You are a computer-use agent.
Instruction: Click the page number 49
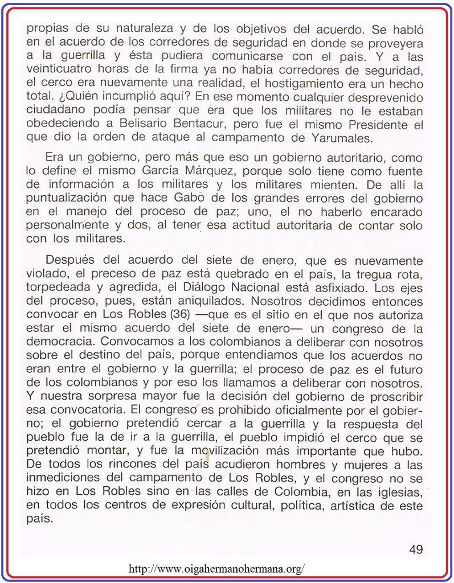(416, 549)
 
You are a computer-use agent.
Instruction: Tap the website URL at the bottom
(217, 568)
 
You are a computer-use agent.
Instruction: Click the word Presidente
(373, 125)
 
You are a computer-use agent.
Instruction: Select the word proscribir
(390, 397)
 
